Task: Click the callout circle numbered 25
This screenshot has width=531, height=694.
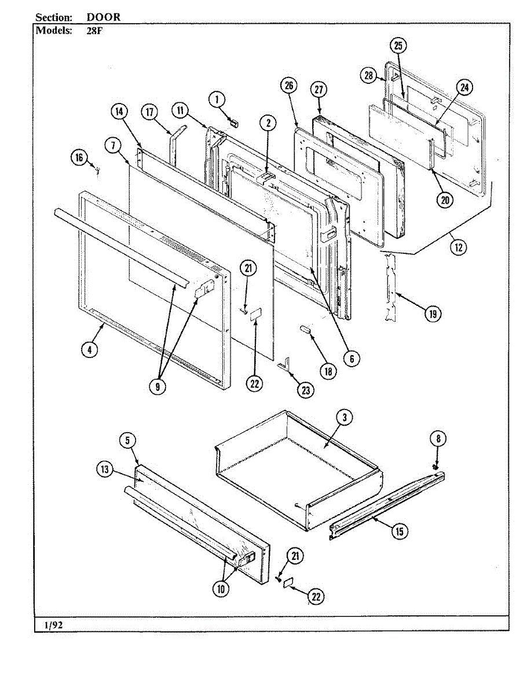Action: tap(398, 46)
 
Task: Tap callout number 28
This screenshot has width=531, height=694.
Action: tap(369, 76)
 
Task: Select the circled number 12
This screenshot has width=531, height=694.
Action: tap(459, 247)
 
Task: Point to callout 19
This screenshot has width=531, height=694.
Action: tap(433, 313)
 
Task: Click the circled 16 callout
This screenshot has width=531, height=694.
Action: tap(79, 157)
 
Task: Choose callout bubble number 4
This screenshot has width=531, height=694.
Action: tap(90, 350)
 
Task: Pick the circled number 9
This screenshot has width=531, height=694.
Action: tap(158, 386)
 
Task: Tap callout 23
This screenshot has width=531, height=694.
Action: tap(306, 390)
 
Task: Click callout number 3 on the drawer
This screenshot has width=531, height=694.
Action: tap(345, 418)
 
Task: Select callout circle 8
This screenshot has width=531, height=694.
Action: tap(438, 438)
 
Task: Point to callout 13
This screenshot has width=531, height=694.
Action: tap(105, 478)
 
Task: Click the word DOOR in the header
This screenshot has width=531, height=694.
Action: tap(104, 17)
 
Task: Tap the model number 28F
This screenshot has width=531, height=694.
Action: tap(94, 31)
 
